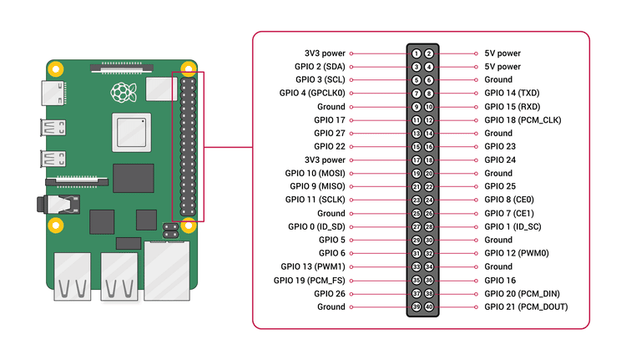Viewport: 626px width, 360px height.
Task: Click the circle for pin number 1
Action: pyautogui.click(x=416, y=53)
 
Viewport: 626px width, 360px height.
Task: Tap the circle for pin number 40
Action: pyautogui.click(x=429, y=307)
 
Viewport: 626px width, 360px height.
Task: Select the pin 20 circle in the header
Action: pyautogui.click(x=429, y=174)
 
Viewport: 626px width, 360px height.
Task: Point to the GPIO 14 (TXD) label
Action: pyautogui.click(x=512, y=94)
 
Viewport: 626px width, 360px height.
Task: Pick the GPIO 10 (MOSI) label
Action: pyautogui.click(x=315, y=174)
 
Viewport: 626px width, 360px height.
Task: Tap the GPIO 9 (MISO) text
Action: pyautogui.click(x=317, y=187)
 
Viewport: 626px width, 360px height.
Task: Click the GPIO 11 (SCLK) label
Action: pyautogui.click(x=315, y=200)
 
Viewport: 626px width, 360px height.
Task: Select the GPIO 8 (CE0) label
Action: pyautogui.click(x=509, y=200)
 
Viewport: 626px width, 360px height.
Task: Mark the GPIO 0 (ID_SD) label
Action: pyautogui.click(x=316, y=227)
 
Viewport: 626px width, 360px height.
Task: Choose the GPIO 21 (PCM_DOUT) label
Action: pyautogui.click(x=526, y=307)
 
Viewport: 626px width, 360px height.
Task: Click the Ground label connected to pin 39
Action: pyautogui.click(x=331, y=307)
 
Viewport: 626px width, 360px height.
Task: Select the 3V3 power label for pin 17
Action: pyautogui.click(x=326, y=160)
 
